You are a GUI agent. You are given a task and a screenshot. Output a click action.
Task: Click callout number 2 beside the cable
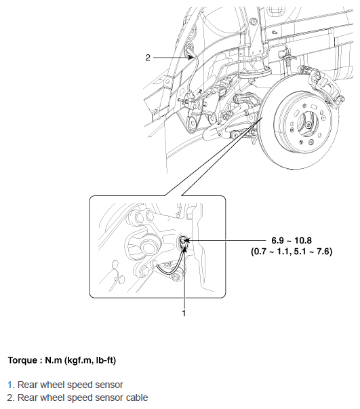(x=148, y=58)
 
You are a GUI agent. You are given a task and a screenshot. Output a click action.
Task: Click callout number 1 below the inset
(x=184, y=313)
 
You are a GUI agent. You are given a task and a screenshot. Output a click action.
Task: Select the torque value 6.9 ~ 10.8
(x=292, y=240)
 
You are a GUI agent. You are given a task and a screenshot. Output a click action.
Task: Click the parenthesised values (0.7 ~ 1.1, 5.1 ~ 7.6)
(x=292, y=252)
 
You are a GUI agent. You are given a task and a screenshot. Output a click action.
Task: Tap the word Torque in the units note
(x=22, y=360)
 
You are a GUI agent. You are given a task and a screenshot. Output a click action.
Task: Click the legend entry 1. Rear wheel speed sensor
(x=65, y=385)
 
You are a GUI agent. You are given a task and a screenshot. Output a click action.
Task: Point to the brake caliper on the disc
(x=323, y=85)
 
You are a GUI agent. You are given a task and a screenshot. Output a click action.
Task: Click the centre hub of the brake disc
(x=308, y=124)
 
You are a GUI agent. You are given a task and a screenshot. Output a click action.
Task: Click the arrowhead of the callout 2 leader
(x=191, y=58)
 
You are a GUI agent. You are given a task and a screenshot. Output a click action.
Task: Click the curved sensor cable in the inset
(x=169, y=271)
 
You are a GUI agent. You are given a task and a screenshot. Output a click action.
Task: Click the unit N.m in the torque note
(x=53, y=360)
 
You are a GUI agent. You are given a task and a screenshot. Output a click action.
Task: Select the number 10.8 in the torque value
(x=303, y=240)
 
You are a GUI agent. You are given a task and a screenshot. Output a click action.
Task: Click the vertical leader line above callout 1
(x=184, y=278)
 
